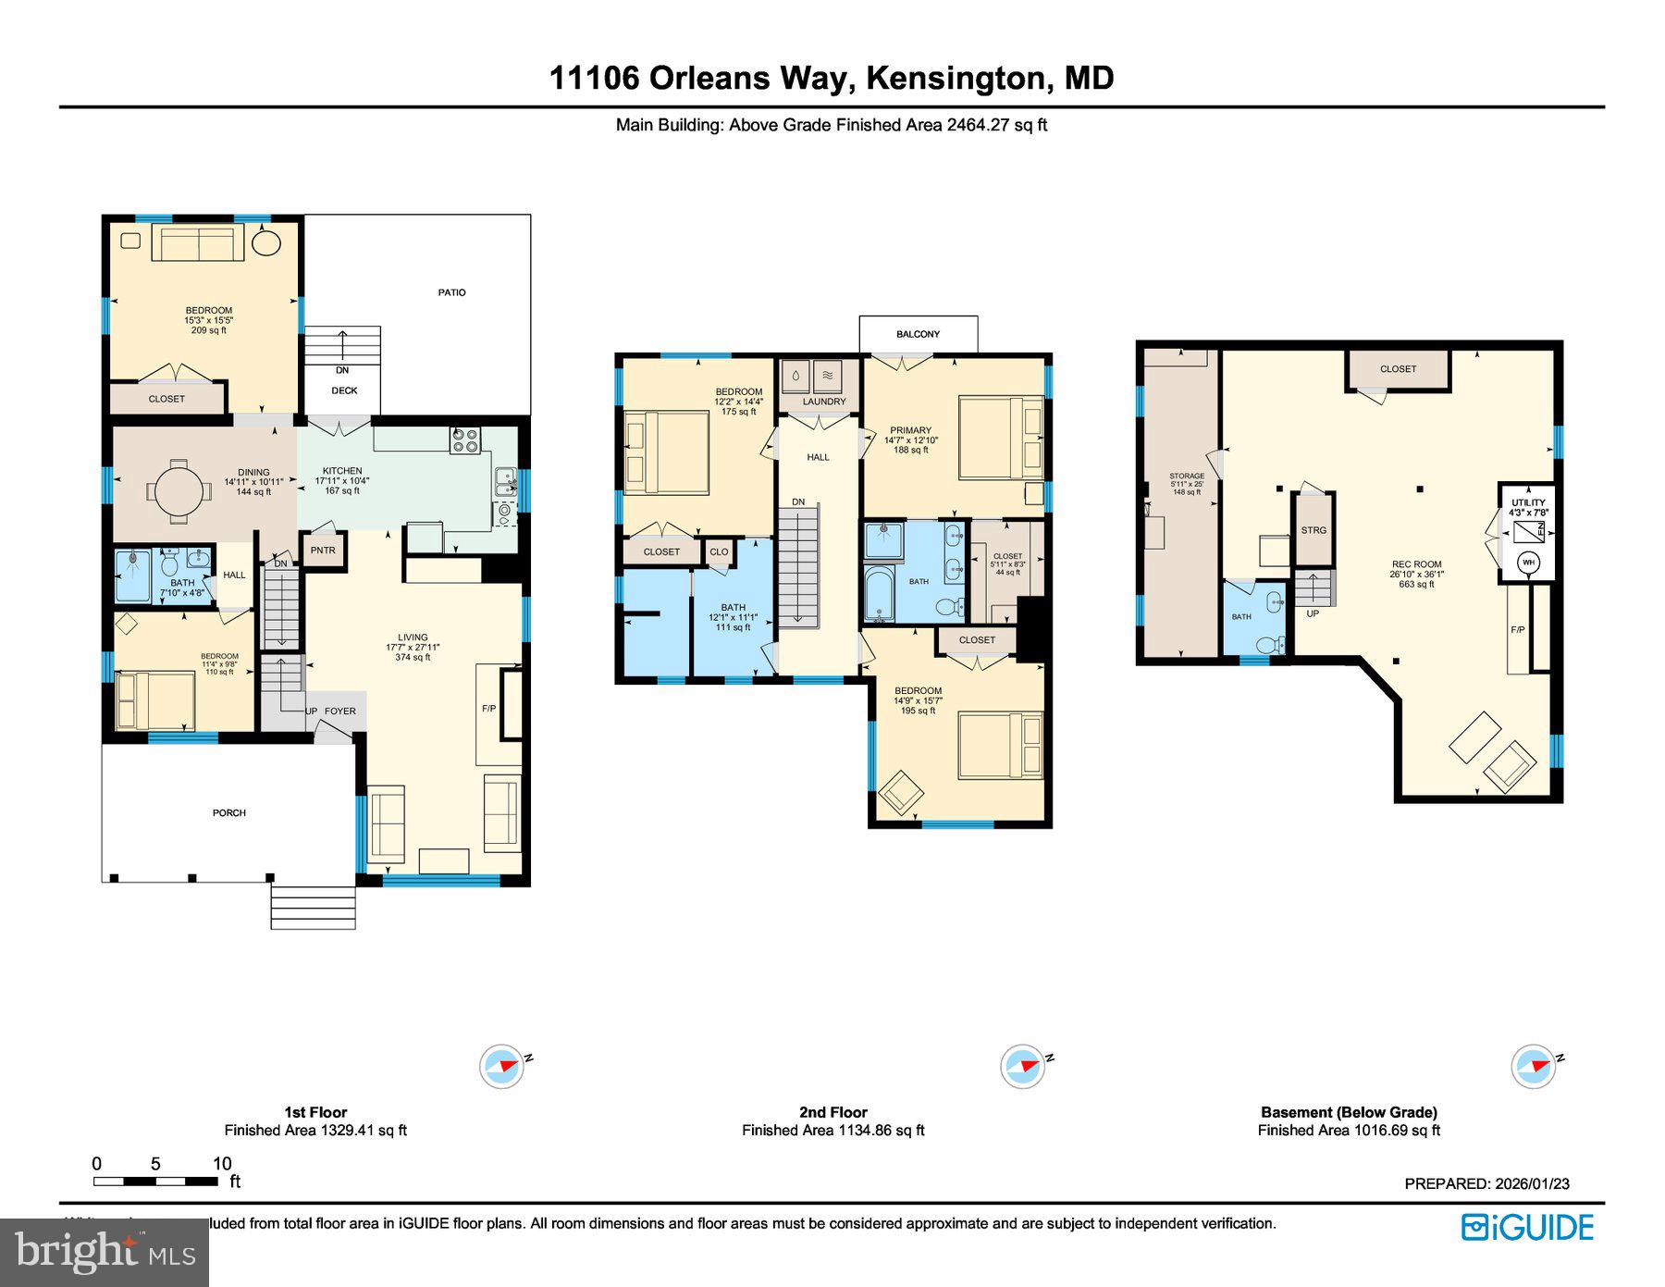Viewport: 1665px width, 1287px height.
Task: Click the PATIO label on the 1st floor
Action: (451, 292)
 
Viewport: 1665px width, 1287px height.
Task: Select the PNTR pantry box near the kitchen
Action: (323, 551)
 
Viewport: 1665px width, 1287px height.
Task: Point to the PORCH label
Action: (229, 813)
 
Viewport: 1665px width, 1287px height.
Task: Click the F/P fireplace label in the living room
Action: (488, 709)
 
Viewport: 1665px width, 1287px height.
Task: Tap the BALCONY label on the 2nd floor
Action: (918, 334)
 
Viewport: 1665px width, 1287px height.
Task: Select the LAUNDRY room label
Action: (823, 402)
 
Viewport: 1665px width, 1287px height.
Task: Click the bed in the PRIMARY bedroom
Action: (999, 437)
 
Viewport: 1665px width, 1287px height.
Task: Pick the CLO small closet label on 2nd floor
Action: (719, 551)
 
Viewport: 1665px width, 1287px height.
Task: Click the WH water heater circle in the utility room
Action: (1527, 562)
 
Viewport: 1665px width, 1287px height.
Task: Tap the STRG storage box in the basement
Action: (1313, 530)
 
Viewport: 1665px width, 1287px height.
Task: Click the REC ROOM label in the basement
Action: (1415, 564)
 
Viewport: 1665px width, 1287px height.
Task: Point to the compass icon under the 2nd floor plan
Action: (1023, 1066)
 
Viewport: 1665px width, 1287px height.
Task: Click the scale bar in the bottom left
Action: (155, 1182)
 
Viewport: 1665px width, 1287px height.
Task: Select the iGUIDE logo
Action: (1527, 1228)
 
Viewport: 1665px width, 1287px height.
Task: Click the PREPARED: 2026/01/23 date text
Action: (1486, 1183)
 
